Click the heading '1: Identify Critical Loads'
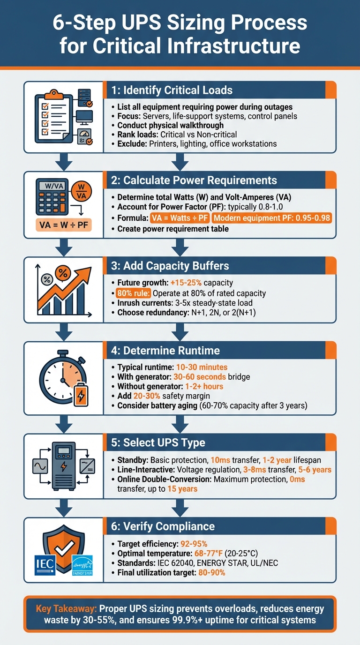pos(172,90)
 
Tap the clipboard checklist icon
pos(52,117)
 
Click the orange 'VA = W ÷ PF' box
pos(64,224)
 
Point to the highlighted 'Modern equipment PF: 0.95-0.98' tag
pos(272,218)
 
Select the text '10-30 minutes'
pos(202,367)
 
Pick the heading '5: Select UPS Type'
pos(165,442)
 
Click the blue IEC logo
pos(45,565)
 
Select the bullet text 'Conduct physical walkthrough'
pos(170,125)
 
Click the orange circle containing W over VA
pos(81,192)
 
